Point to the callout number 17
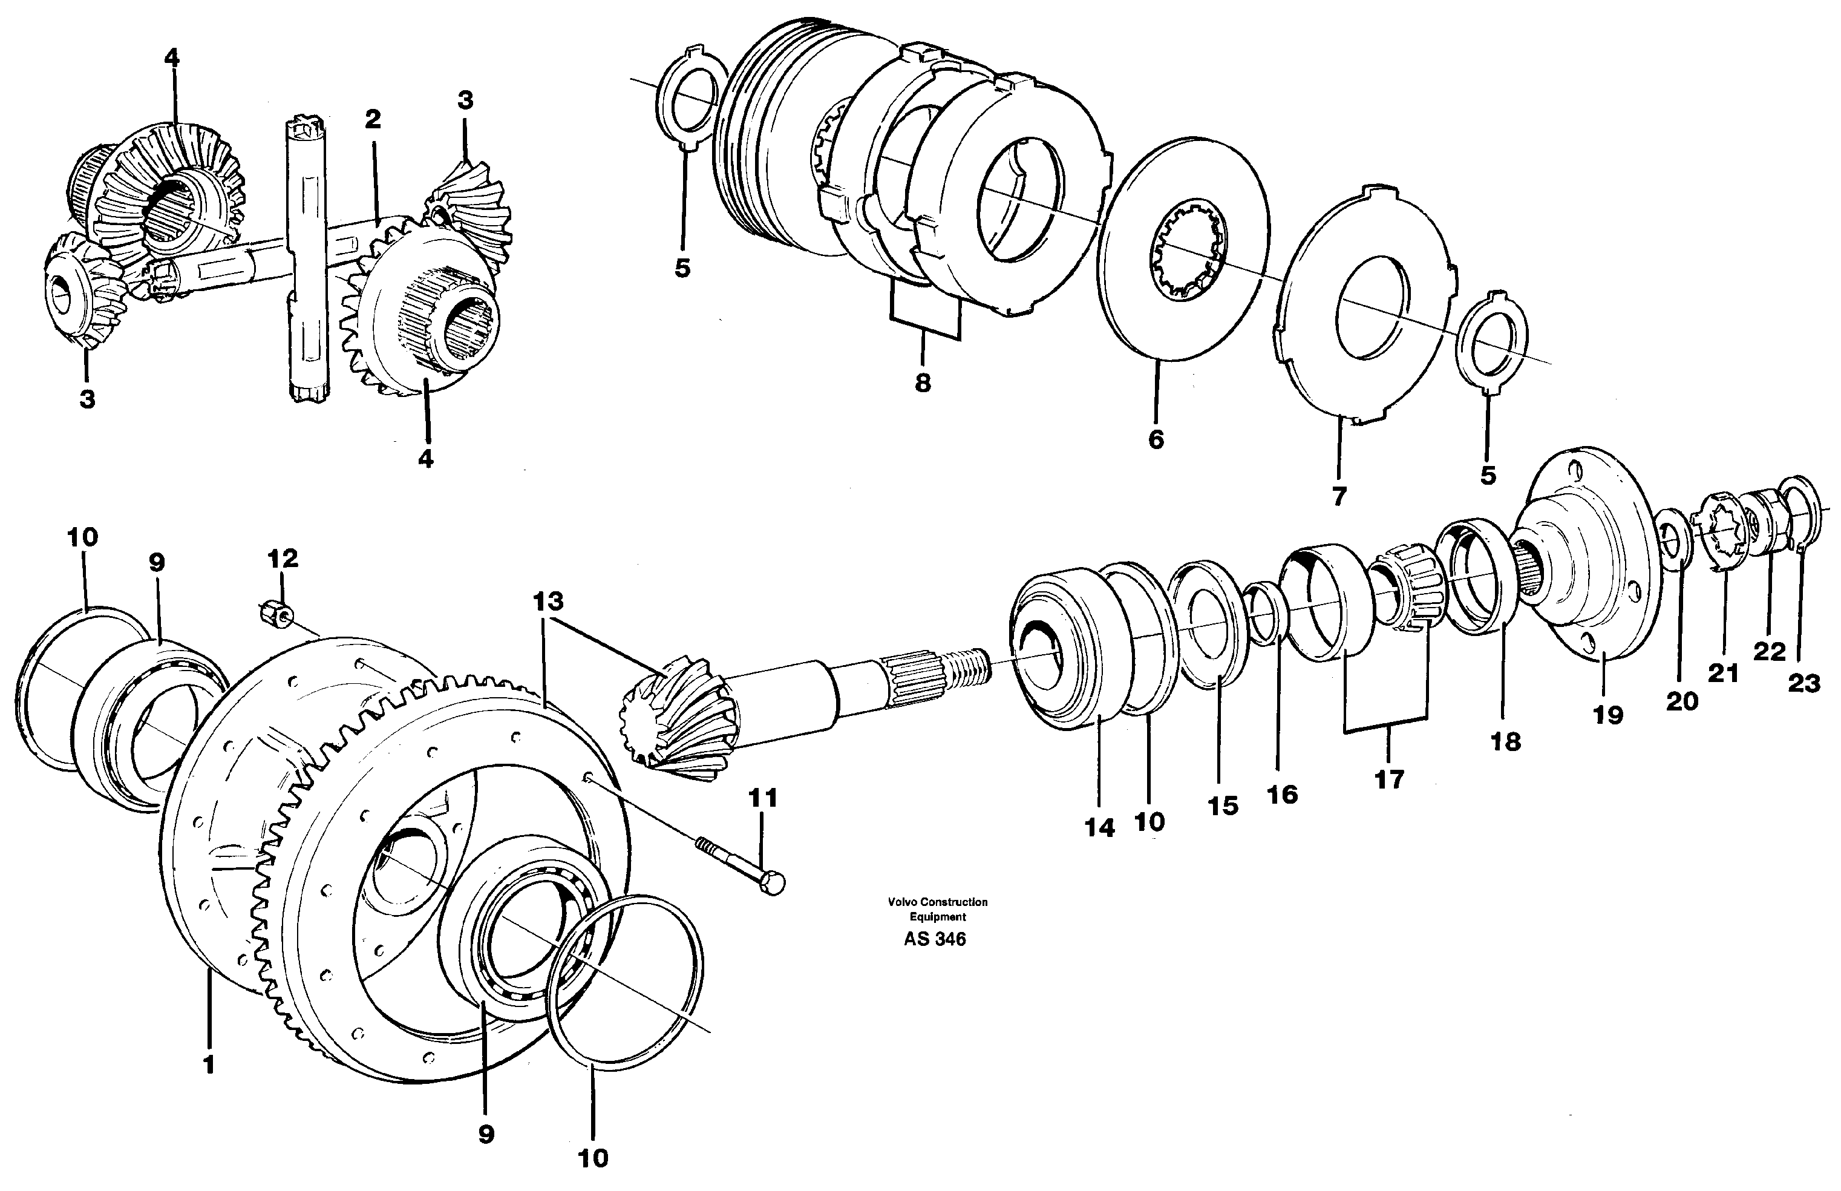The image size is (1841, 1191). coord(1388,779)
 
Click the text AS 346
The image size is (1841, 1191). coord(934,939)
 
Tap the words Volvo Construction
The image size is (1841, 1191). coord(937,902)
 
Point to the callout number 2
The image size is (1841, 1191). coord(373,119)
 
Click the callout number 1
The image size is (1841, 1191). coord(208,1065)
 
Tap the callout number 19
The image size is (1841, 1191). coord(1607,715)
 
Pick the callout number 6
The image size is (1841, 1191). coord(1155,439)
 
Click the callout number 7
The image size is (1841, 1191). coord(1339,496)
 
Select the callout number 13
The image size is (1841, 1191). coord(548,601)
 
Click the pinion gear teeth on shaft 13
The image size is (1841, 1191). coord(673,719)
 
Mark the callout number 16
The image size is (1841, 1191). coord(1282,794)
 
